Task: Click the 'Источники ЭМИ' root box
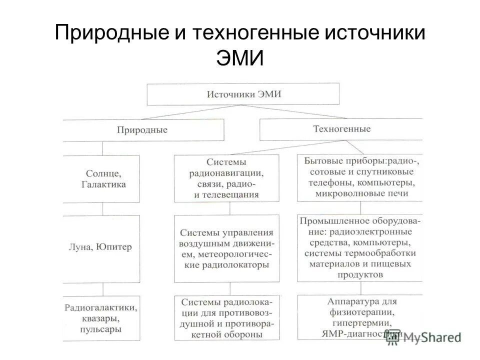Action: tap(243, 94)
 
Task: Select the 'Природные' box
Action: tap(143, 130)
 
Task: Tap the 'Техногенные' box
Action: tap(341, 129)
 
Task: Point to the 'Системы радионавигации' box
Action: tap(226, 178)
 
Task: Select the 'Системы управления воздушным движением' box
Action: tap(226, 248)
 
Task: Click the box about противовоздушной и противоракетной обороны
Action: tap(226, 318)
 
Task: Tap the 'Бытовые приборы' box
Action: tap(359, 177)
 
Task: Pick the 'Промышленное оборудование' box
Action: tap(359, 247)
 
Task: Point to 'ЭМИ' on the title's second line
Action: tap(239, 59)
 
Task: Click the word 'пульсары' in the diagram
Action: tap(101, 329)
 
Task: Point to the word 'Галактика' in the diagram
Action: tap(103, 184)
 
